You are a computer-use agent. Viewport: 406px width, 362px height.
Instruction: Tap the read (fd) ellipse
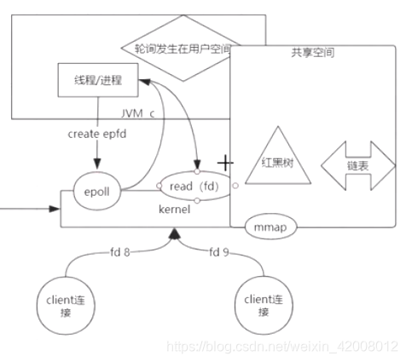(197, 187)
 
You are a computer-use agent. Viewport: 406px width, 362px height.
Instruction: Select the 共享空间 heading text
(311, 53)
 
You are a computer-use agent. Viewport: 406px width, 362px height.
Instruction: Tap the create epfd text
(96, 134)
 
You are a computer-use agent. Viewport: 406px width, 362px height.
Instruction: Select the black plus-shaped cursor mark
(225, 162)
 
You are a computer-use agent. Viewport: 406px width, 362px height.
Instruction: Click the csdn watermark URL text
(282, 347)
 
